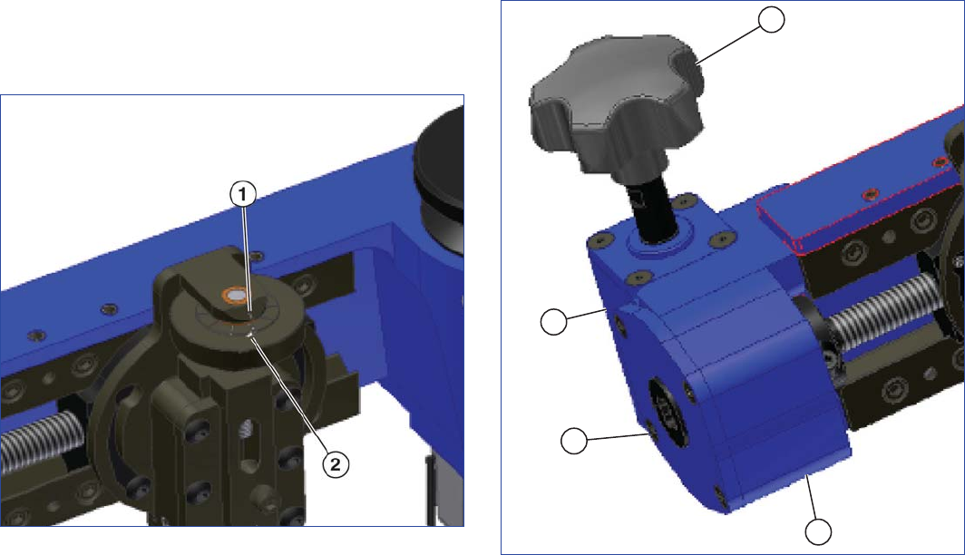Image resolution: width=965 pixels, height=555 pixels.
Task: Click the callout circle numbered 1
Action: [x=242, y=194]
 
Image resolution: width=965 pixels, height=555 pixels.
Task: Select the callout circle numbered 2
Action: [x=336, y=463]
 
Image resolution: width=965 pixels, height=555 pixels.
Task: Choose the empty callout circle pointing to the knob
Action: [x=771, y=19]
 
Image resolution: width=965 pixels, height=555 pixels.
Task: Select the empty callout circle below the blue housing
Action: [x=818, y=531]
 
